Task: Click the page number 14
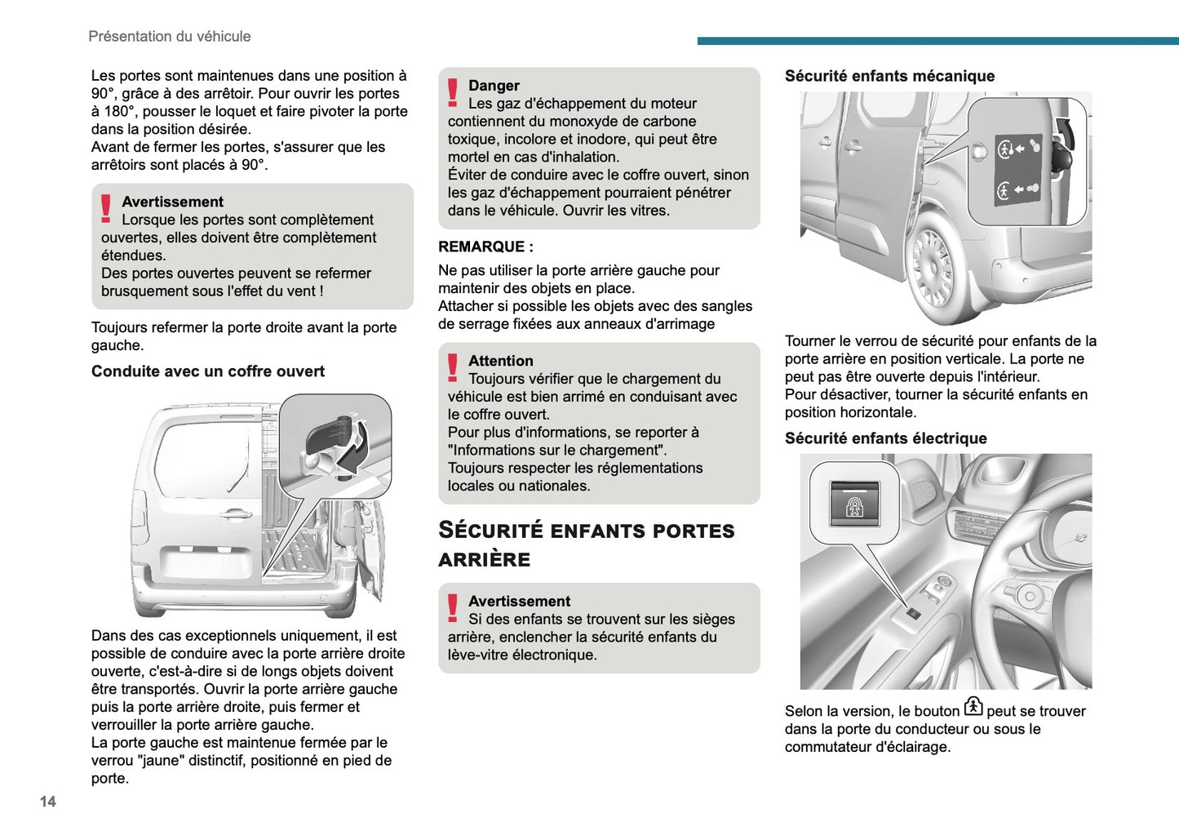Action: [x=48, y=802]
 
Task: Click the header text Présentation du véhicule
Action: [x=169, y=37]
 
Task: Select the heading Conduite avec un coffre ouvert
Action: [x=207, y=371]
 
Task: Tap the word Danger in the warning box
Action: [x=494, y=86]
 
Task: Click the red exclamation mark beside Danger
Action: [x=453, y=92]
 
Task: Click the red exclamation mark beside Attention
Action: [x=453, y=367]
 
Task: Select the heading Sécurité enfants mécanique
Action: [x=889, y=76]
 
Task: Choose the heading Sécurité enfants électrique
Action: [x=885, y=438]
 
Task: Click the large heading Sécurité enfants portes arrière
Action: [x=586, y=544]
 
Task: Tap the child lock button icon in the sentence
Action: [x=973, y=707]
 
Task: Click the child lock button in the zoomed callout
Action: [x=854, y=504]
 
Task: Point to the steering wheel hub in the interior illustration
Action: [x=1030, y=596]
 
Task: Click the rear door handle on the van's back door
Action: [x=236, y=513]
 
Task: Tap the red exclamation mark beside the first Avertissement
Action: [x=106, y=208]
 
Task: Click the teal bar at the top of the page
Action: [x=937, y=40]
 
